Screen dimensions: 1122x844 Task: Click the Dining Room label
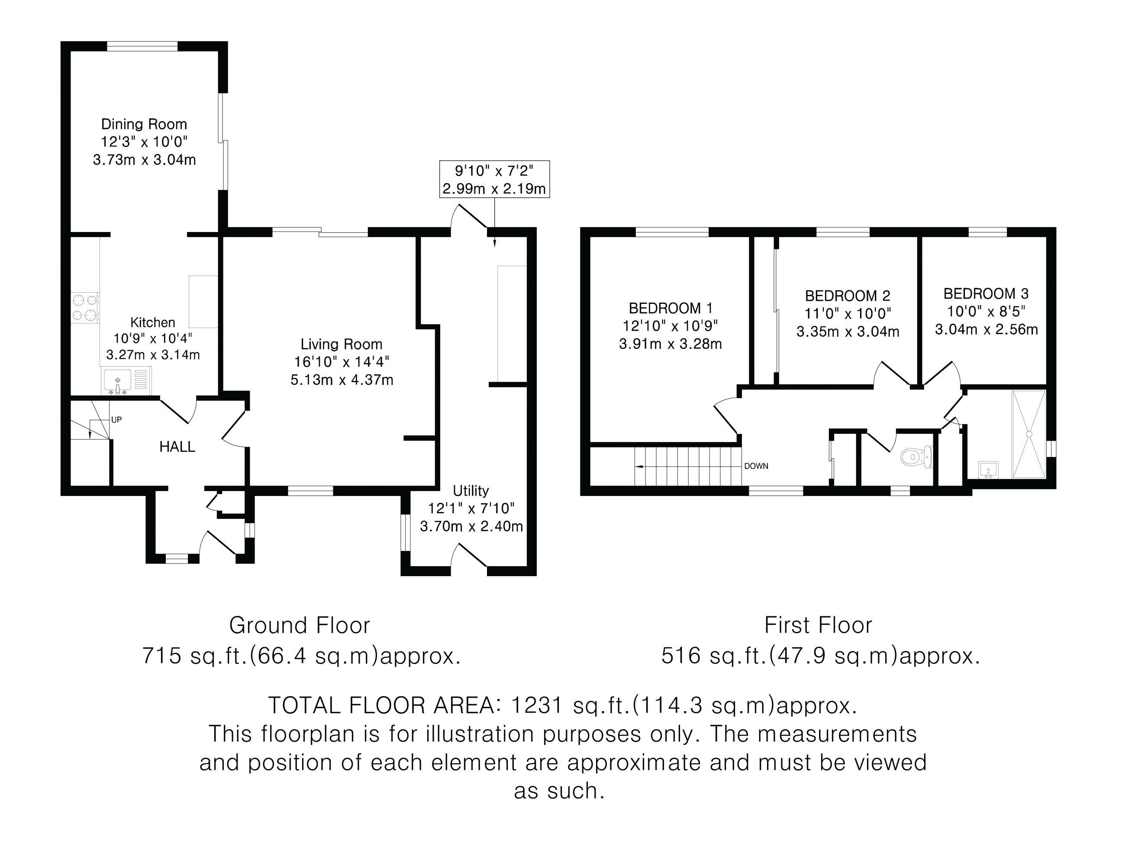tap(144, 124)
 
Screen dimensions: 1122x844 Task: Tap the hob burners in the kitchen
tap(85, 308)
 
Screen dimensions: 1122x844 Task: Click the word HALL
tap(177, 447)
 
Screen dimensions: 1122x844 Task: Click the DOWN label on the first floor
tap(756, 466)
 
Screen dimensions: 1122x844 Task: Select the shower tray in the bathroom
tap(1029, 434)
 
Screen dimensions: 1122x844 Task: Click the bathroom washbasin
tap(988, 470)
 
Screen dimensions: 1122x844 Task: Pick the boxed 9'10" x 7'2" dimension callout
tap(494, 179)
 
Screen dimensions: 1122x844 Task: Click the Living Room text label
tap(342, 345)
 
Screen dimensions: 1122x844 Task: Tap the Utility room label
tap(471, 491)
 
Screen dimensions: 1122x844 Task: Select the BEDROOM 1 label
tap(671, 308)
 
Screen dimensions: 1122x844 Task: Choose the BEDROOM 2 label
tap(848, 296)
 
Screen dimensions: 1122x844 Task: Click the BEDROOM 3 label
tap(986, 294)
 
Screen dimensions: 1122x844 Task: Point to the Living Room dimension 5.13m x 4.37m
tap(342, 380)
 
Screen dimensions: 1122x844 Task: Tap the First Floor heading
tap(818, 625)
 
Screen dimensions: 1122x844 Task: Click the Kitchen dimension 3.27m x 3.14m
tap(153, 354)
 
